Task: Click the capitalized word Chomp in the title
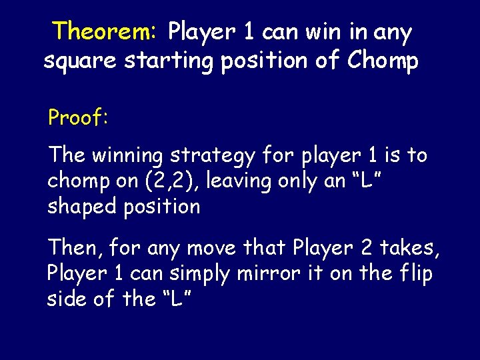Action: coord(384,61)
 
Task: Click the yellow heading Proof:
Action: coord(78,118)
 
